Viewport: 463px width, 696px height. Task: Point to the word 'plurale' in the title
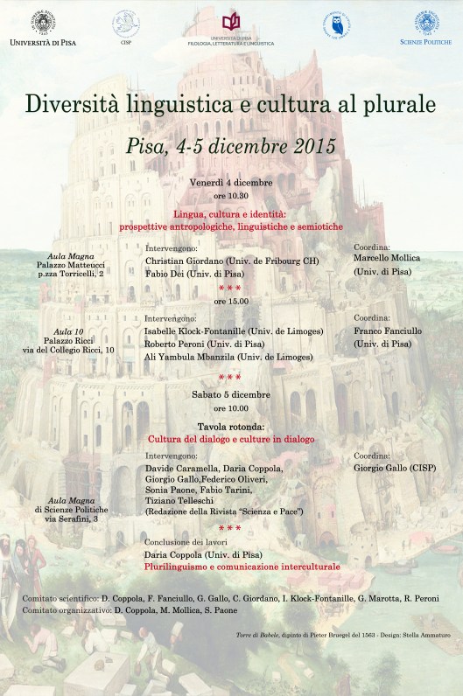coord(396,104)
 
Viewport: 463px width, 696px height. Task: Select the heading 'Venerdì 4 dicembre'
coord(231,182)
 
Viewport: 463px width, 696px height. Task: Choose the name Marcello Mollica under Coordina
coord(387,258)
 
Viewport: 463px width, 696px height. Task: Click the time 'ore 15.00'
coord(231,300)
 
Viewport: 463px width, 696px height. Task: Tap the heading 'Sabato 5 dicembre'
coord(231,394)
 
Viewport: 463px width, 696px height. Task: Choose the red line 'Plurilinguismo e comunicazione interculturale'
coord(242,567)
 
